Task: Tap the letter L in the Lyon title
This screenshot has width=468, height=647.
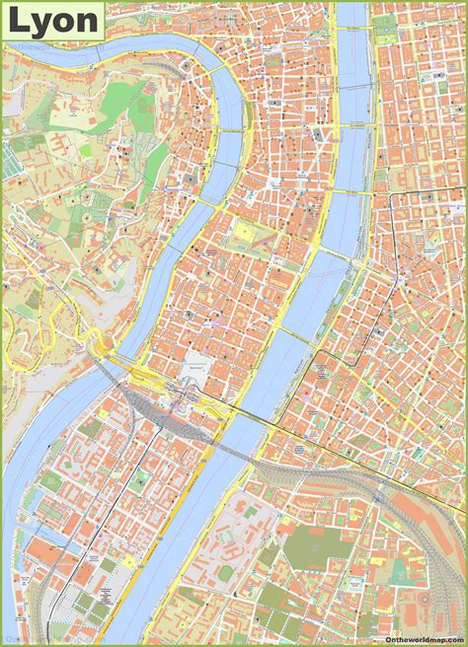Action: click(x=19, y=20)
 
